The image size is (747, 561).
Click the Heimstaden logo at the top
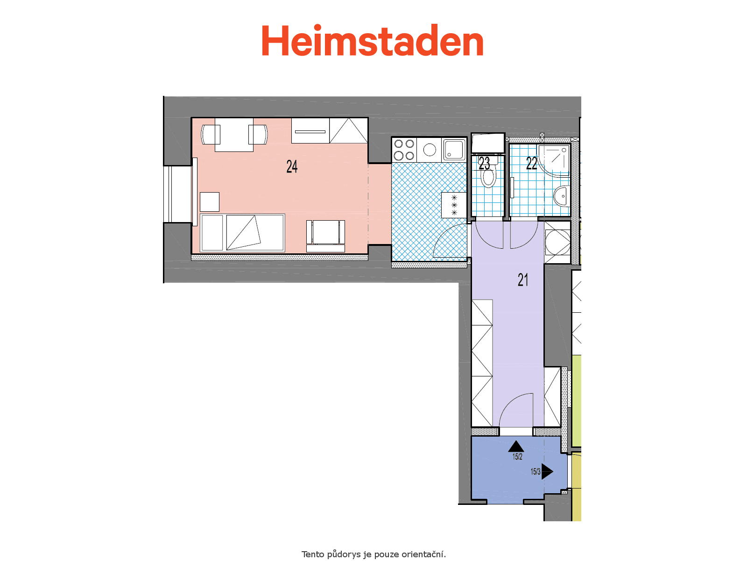tap(372, 40)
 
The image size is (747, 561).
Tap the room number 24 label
tap(292, 166)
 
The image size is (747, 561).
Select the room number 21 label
tap(523, 280)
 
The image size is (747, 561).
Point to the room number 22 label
tap(531, 163)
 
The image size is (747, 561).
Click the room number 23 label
tap(484, 163)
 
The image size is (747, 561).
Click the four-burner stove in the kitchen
tap(404, 150)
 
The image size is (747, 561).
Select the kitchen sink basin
tap(454, 150)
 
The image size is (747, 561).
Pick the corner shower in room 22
tap(554, 160)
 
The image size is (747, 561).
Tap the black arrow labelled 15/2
tap(516, 446)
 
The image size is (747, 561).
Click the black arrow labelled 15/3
tap(547, 471)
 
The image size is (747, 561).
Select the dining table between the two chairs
tap(234, 135)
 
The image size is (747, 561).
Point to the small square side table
tap(209, 202)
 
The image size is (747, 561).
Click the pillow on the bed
tap(211, 233)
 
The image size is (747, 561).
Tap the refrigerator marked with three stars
tap(454, 205)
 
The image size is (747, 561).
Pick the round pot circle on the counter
tap(429, 150)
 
